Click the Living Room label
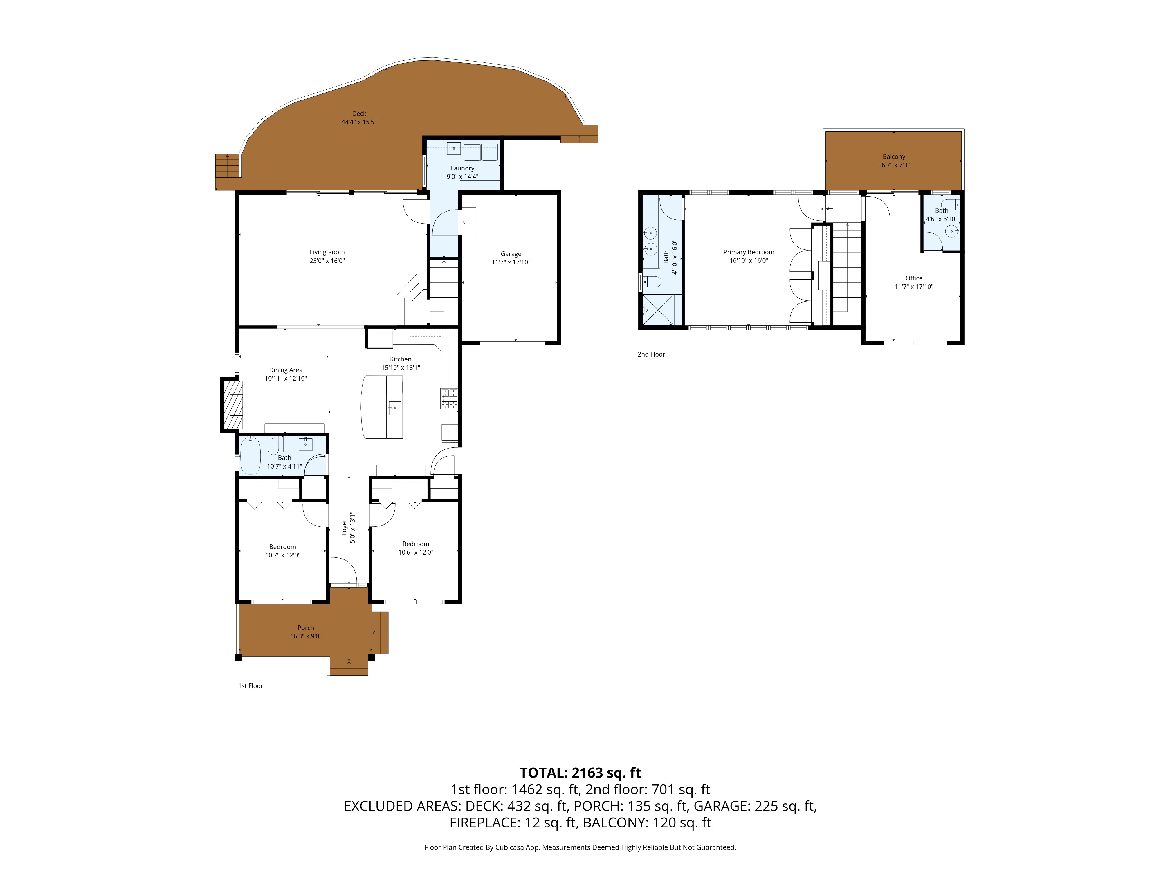(327, 252)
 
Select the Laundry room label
(462, 168)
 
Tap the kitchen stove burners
(449, 399)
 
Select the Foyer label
(344, 528)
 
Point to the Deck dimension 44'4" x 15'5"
(359, 122)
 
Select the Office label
(914, 278)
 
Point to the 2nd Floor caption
(651, 354)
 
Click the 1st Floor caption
(250, 686)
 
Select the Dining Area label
(286, 370)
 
